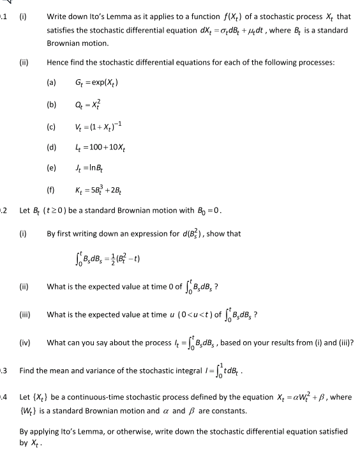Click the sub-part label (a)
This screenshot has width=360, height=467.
(52, 83)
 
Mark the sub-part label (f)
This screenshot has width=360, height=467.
(51, 190)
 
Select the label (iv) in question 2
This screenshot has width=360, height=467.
(27, 344)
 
